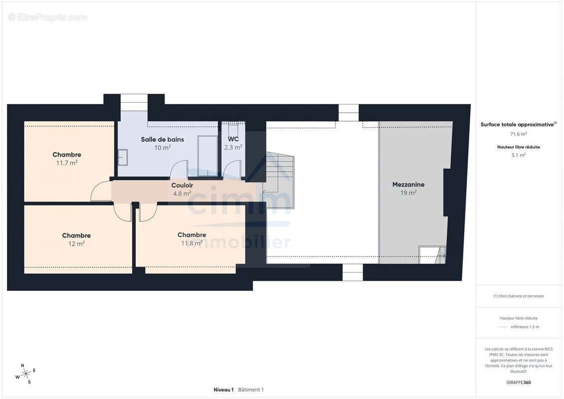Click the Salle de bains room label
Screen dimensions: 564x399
[162, 139]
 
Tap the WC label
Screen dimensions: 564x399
[233, 139]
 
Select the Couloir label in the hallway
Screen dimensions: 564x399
[182, 186]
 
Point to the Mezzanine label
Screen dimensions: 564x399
[408, 185]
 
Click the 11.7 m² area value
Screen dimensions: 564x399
[67, 163]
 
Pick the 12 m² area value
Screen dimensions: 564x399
[77, 244]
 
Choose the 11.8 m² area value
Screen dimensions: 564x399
[191, 243]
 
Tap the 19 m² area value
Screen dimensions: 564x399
[408, 193]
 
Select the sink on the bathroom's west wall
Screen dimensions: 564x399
[123, 158]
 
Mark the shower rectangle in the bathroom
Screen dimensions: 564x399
[207, 156]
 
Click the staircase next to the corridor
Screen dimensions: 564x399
[279, 181]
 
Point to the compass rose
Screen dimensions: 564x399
[25, 374]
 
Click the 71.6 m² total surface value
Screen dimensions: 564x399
[518, 134]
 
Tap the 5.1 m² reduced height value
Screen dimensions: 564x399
[518, 156]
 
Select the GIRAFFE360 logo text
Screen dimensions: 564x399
[518, 383]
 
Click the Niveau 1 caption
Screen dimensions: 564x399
[223, 390]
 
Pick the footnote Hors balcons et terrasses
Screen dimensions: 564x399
[518, 296]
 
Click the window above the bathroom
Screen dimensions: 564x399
[134, 103]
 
